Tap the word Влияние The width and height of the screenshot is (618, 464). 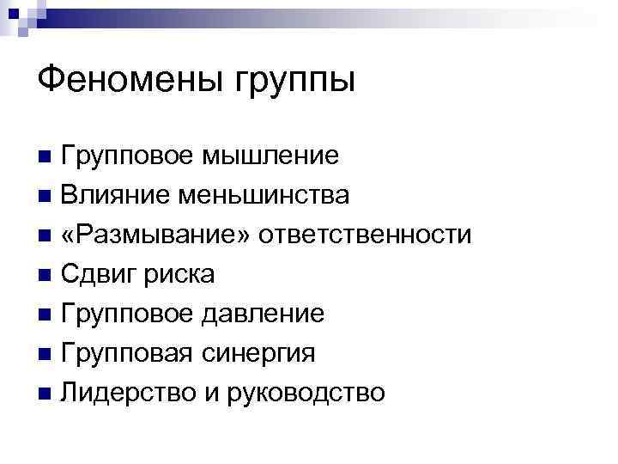point(115,195)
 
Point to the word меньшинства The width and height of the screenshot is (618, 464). point(264,195)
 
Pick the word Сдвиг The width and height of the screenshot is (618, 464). point(102,275)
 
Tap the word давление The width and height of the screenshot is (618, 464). point(263,314)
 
